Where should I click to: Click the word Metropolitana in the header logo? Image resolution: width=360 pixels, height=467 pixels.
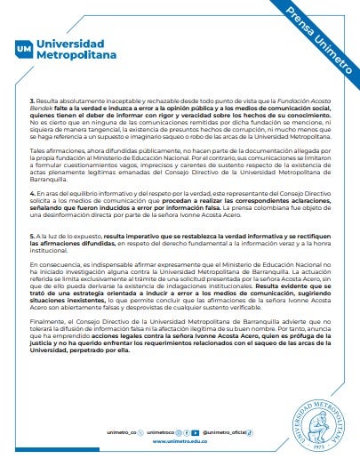coord(76,54)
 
